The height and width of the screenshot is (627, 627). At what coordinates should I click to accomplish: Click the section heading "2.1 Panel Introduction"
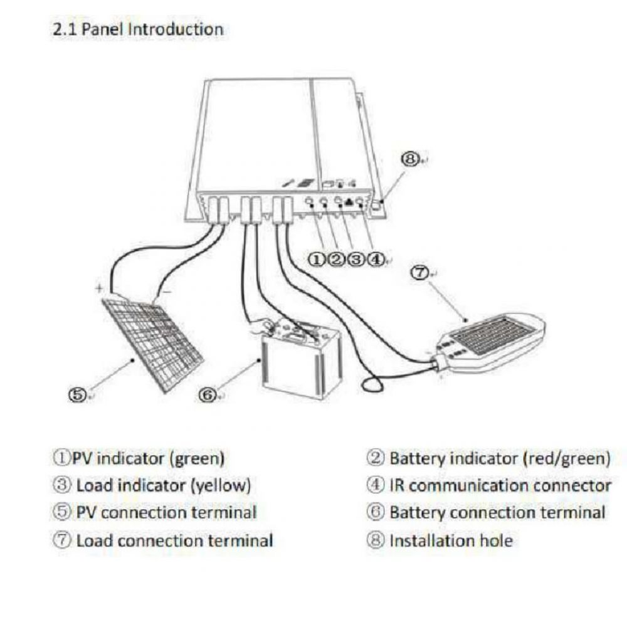pos(138,29)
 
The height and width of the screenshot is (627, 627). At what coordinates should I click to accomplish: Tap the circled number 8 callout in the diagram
pos(409,159)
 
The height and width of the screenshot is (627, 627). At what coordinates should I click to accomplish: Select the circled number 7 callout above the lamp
pos(420,273)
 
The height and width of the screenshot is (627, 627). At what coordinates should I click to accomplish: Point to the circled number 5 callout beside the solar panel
pos(77,394)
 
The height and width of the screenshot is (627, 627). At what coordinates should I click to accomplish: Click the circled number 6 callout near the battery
pos(208,395)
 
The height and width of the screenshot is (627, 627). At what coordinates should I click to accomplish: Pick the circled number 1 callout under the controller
pos(316,260)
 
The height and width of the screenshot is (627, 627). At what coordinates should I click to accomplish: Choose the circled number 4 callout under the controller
pos(375,260)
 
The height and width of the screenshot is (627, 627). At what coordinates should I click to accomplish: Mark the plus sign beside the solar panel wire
pos(99,288)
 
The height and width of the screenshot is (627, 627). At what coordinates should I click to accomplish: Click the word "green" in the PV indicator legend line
pos(197,459)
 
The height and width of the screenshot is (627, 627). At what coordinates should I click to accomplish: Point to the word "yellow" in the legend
pos(220,486)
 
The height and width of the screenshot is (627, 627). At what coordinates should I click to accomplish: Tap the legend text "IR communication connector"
pos(500,485)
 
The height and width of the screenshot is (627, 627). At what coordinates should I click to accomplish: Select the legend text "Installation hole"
pos(451,540)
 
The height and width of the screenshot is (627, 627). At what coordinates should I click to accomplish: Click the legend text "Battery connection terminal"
pos(497,513)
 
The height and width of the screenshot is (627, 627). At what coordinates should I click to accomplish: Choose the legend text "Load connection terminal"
pos(175,540)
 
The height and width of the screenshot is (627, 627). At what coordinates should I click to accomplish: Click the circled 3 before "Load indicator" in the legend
pos(61,485)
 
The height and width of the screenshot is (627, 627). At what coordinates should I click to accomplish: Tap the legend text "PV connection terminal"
pos(166,513)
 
